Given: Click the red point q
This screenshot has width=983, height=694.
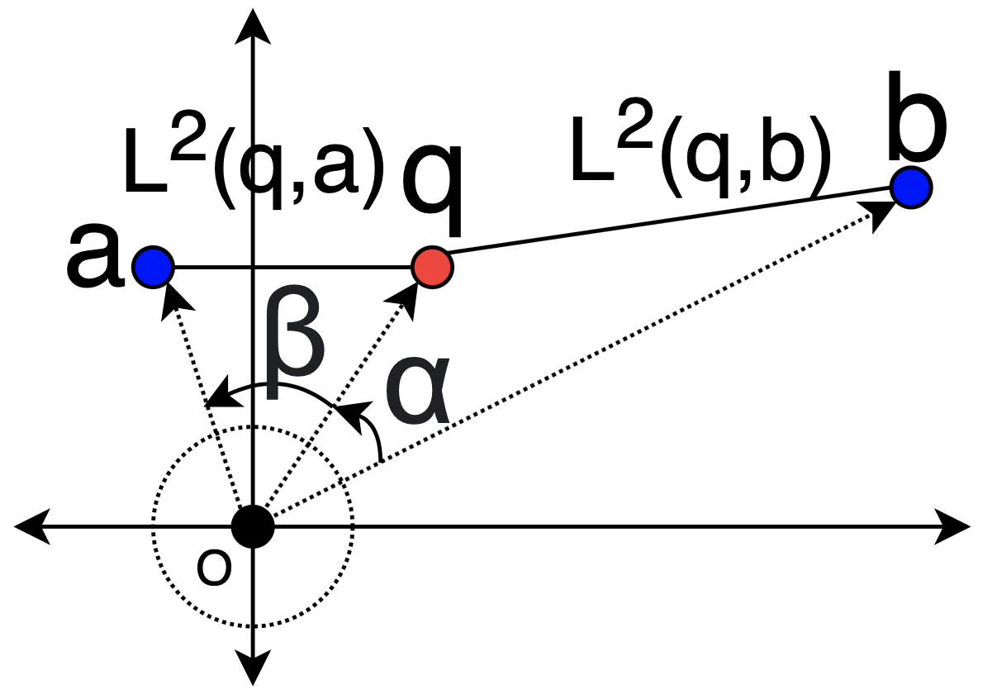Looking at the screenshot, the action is [432, 267].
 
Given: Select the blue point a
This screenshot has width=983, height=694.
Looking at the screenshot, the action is [153, 267].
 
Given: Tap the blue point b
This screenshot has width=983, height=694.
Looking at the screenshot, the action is [911, 187].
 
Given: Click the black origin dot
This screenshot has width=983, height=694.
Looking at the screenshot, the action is [253, 526].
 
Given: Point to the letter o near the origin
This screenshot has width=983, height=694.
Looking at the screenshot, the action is [213, 568].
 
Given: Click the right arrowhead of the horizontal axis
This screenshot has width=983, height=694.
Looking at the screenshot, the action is [954, 526].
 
